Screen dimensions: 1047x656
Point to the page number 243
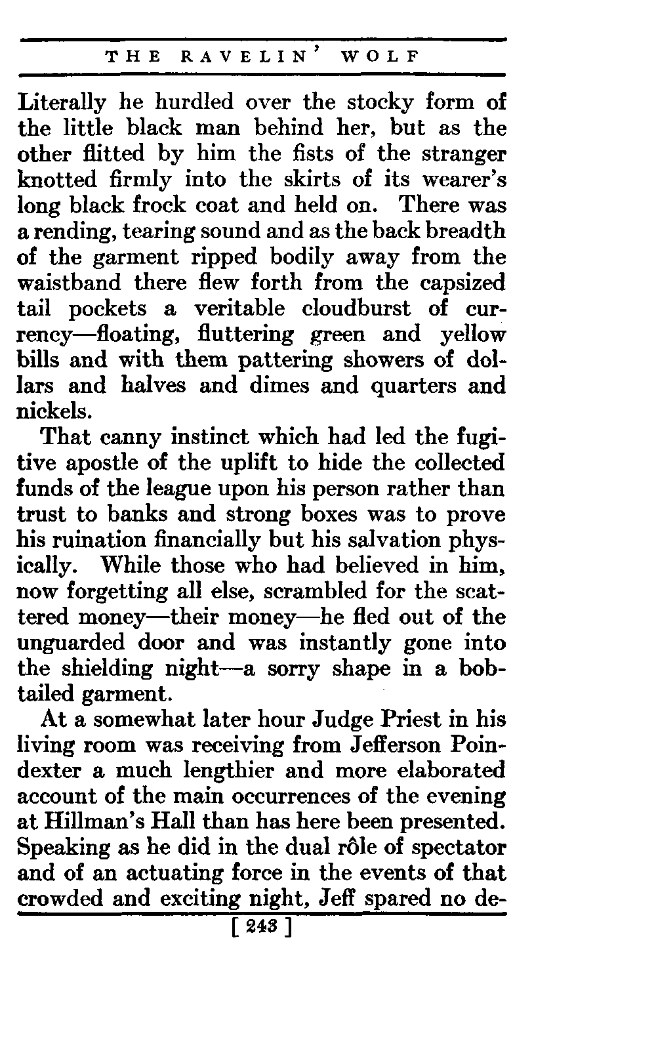coord(260,928)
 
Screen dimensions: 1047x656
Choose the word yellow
coord(472,335)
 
